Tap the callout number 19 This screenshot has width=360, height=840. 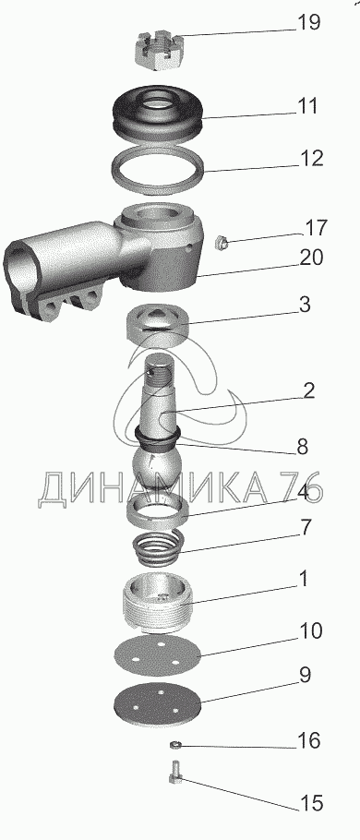[308, 22]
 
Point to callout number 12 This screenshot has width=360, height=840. [311, 159]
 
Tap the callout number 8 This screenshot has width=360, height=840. [302, 447]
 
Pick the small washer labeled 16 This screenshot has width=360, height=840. [174, 745]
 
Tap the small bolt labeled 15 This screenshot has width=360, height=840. [175, 773]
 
